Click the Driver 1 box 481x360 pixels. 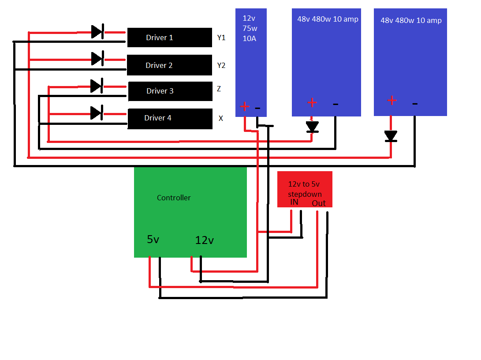click(170, 37)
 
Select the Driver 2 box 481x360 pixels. click(170, 65)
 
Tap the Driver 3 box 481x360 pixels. click(170, 91)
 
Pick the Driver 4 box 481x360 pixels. click(170, 118)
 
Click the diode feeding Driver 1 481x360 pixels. click(97, 32)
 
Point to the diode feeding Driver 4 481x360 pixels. click(97, 112)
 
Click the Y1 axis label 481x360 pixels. click(221, 38)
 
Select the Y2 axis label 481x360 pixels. click(221, 66)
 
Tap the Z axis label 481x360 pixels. click(219, 89)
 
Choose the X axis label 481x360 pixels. click(221, 119)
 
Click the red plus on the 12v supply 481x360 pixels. click(245, 107)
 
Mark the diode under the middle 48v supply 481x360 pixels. click(312, 127)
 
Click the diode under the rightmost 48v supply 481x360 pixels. click(390, 136)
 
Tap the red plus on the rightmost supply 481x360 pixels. click(392, 101)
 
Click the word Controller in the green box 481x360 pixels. click(174, 198)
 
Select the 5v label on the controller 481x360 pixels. click(153, 240)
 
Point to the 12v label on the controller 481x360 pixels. click(205, 240)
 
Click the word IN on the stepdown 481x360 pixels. click(294, 202)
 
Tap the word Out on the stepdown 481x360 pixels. click(319, 203)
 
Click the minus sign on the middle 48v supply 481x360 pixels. click(336, 105)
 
